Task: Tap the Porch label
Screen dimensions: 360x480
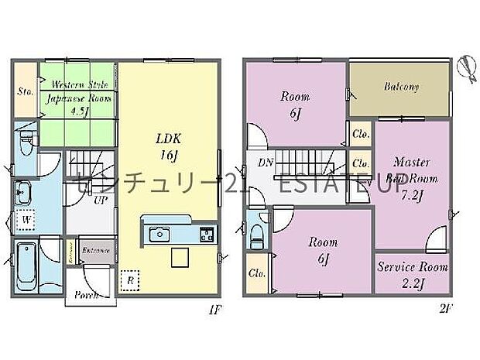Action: pyautogui.click(x=85, y=295)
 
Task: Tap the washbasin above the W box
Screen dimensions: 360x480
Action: pyautogui.click(x=24, y=191)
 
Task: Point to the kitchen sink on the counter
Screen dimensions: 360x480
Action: pyautogui.click(x=161, y=232)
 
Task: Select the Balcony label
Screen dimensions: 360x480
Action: pyautogui.click(x=401, y=87)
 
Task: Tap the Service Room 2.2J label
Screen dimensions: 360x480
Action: pyautogui.click(x=412, y=273)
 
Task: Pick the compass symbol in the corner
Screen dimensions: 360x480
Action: pyautogui.click(x=464, y=69)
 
